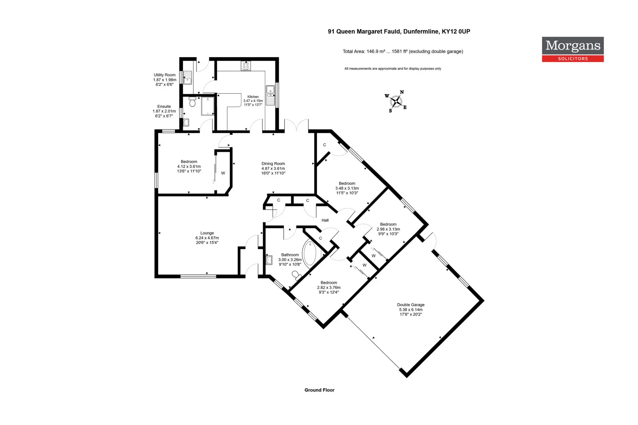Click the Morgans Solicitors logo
pyautogui.click(x=573, y=49)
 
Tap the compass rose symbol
pyautogui.click(x=396, y=101)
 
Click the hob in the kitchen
pyautogui.click(x=245, y=66)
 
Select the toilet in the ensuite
pyautogui.click(x=192, y=102)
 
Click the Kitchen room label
pyautogui.click(x=253, y=101)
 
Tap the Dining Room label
pyautogui.click(x=273, y=168)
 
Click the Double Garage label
pyautogui.click(x=411, y=309)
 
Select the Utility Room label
pyautogui.click(x=164, y=80)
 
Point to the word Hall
pyautogui.click(x=325, y=220)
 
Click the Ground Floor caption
pyautogui.click(x=319, y=390)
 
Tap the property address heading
pyautogui.click(x=399, y=31)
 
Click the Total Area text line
pyautogui.click(x=403, y=51)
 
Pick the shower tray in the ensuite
pyautogui.click(x=208, y=106)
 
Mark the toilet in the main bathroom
pyautogui.click(x=296, y=276)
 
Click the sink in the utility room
pyautogui.click(x=188, y=78)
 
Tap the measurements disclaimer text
pyautogui.click(x=393, y=68)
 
